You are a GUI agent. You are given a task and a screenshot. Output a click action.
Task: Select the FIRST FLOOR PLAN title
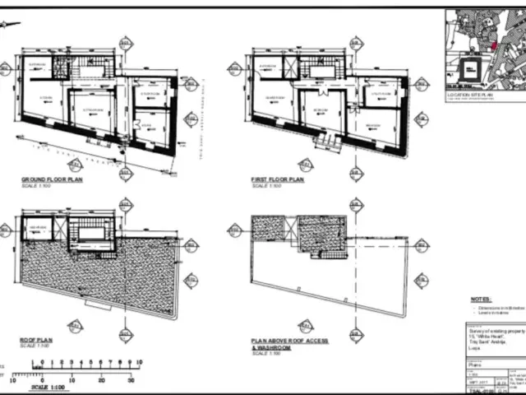click(x=278, y=179)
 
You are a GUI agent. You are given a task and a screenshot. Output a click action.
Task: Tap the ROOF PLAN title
click(x=38, y=338)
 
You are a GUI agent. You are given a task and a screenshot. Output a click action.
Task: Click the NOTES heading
click(x=481, y=300)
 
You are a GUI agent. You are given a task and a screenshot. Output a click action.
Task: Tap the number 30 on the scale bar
click(x=130, y=379)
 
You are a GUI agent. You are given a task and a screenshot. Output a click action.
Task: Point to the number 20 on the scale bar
click(x=101, y=379)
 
